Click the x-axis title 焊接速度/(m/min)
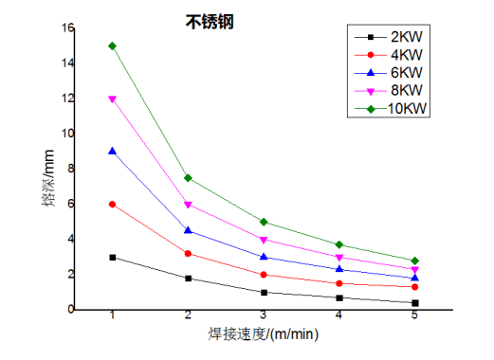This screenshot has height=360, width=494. (x=263, y=333)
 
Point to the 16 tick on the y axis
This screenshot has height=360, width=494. (x=66, y=27)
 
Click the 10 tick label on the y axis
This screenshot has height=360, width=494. (x=66, y=134)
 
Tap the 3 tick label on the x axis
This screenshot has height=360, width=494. (x=264, y=315)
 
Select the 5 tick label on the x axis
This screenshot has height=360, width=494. (x=414, y=315)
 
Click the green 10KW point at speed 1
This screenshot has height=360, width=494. (x=113, y=45)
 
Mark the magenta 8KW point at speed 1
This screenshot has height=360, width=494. (x=113, y=99)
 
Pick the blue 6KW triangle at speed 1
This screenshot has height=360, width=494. (x=113, y=151)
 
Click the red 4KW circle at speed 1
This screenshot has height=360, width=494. (x=113, y=204)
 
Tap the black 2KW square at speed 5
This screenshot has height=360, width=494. (x=414, y=303)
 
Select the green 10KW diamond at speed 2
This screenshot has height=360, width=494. (x=188, y=178)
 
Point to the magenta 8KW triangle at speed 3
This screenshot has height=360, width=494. (x=264, y=240)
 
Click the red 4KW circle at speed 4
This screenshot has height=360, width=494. (x=338, y=283)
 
